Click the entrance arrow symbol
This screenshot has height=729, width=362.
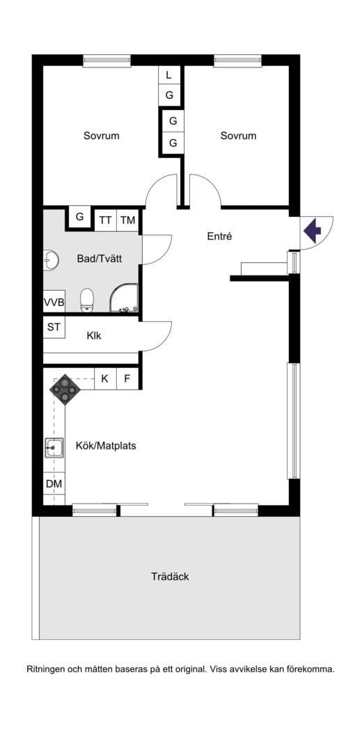[313, 230]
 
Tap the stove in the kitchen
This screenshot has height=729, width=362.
[65, 390]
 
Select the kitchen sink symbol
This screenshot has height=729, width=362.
[54, 447]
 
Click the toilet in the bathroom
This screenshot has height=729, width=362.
[87, 300]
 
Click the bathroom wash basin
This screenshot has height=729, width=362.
[50, 259]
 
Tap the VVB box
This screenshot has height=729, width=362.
[54, 303]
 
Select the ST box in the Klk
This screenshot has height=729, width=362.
[54, 327]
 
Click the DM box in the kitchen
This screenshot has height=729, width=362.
[54, 483]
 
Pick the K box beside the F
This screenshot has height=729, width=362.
[105, 379]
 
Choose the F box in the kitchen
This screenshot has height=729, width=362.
[127, 379]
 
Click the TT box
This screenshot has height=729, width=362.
[105, 221]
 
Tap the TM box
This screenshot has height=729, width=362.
[127, 221]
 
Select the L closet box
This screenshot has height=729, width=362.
[168, 75]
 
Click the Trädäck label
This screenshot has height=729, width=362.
[170, 577]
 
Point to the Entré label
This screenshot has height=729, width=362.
[219, 237]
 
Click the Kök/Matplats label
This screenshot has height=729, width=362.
[106, 445]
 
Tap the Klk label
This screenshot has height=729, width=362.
[94, 335]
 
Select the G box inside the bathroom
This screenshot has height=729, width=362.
[80, 217]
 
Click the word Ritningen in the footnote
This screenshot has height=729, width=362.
[49, 669]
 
